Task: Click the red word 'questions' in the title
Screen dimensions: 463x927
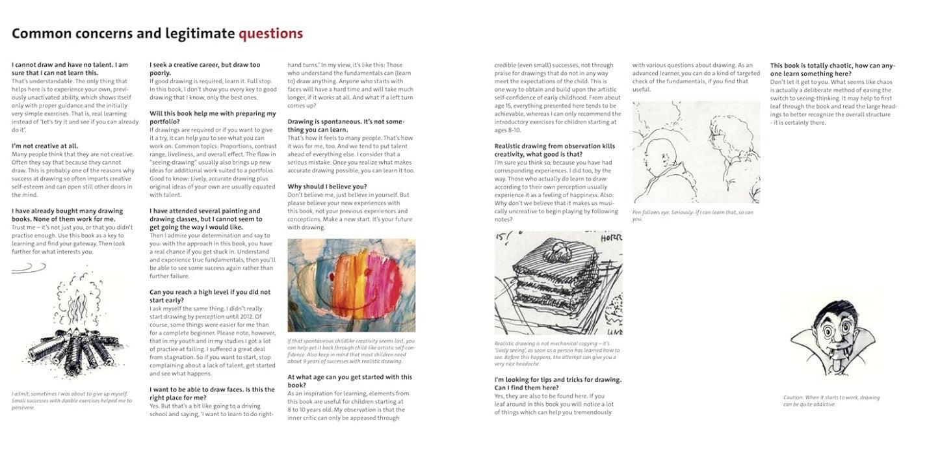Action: click(x=270, y=33)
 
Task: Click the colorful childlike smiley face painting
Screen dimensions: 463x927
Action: click(x=351, y=285)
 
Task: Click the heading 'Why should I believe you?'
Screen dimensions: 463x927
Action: click(x=327, y=187)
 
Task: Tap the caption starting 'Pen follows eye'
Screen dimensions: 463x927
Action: click(x=692, y=215)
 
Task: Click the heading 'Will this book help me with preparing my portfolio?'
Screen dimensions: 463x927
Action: click(x=213, y=118)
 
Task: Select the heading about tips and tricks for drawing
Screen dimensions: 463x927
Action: click(x=558, y=384)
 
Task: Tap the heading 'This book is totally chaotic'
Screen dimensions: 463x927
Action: click(x=832, y=69)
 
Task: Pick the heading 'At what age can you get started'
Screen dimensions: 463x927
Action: click(x=350, y=381)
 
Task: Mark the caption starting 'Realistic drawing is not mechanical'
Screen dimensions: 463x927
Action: click(x=557, y=354)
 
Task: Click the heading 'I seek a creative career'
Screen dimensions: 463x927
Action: click(x=205, y=69)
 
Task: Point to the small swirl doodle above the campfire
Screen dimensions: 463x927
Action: click(x=29, y=267)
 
